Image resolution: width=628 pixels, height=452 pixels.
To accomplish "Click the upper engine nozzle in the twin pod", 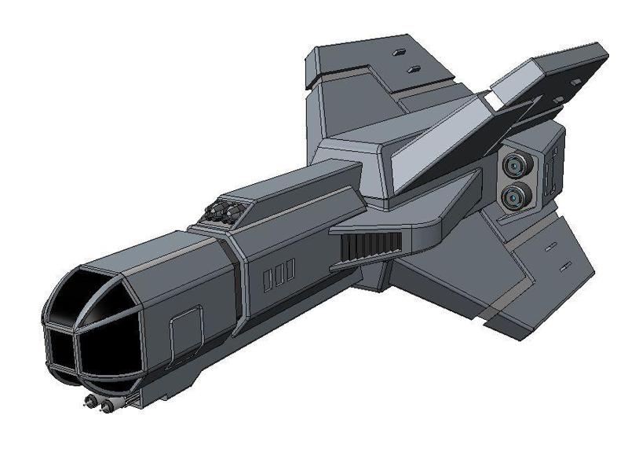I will (515, 165).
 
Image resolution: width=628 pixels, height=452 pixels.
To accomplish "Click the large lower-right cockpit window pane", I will (106, 350).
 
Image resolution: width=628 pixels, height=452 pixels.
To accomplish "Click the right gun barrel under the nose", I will (104, 404).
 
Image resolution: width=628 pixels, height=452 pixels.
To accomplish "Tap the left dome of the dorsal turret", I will (216, 211).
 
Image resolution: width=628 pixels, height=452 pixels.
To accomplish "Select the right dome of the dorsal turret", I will (232, 208).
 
